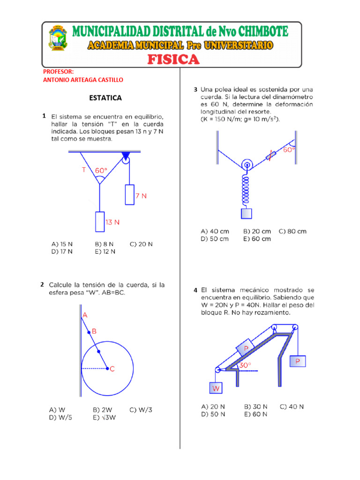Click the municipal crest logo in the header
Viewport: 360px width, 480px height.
tap(58, 38)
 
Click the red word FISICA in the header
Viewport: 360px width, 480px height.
tap(173, 60)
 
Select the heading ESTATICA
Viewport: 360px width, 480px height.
tap(105, 98)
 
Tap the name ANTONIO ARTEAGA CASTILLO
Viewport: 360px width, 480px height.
tap(83, 80)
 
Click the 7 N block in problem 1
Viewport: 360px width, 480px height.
tap(129, 195)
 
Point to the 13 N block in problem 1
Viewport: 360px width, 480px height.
tap(99, 222)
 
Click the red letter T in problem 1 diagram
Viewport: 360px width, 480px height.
tap(84, 170)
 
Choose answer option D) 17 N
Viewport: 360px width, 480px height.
tap(62, 251)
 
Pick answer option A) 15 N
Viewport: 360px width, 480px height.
tap(62, 244)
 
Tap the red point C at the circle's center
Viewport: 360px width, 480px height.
tap(108, 369)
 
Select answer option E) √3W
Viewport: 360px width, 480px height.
tap(105, 417)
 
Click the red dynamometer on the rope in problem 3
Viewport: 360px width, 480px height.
tap(271, 156)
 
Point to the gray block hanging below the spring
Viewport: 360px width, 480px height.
tap(246, 213)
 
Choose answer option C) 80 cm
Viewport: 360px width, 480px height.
tap(292, 232)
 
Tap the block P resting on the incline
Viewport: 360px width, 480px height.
tap(245, 348)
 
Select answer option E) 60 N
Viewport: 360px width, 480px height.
tap(255, 414)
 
